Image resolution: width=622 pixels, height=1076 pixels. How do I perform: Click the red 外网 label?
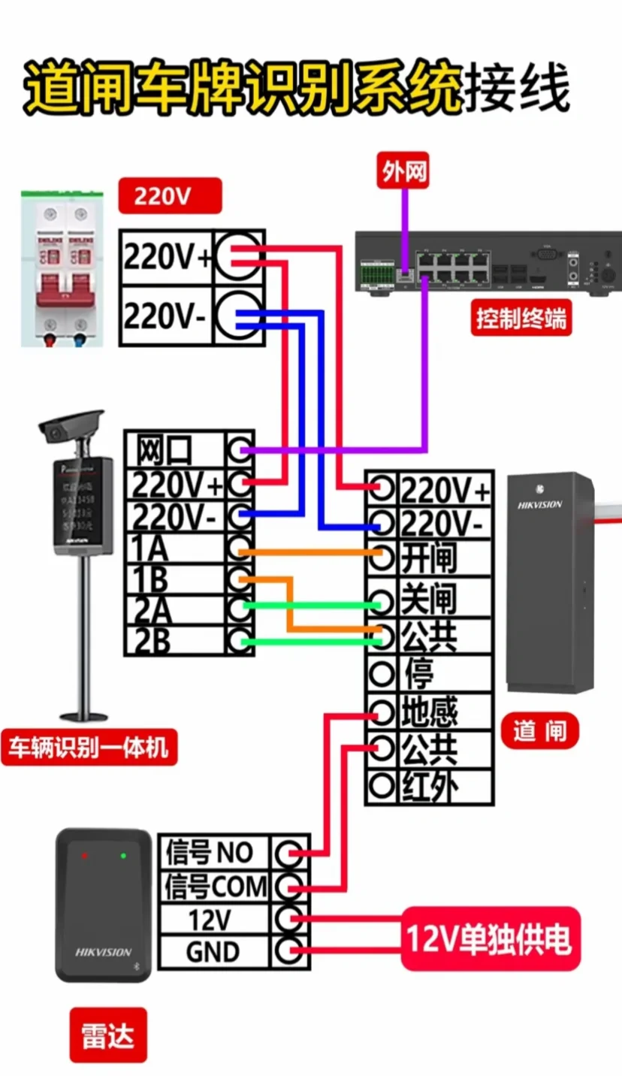pos(404,172)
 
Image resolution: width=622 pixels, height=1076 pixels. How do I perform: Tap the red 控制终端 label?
pos(521,319)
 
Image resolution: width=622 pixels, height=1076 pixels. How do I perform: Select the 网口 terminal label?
pos(165,451)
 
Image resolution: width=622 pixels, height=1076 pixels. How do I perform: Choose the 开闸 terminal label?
pos(428,558)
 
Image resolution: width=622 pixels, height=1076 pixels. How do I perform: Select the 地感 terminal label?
pos(429,711)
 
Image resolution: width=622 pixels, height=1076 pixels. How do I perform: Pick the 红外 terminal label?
pos(429,786)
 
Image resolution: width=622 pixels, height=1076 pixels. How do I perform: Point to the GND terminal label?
pos(212,952)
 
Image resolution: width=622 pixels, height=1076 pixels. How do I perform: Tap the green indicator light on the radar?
pos(123,855)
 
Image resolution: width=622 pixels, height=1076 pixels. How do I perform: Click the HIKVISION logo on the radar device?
pos(103,952)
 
